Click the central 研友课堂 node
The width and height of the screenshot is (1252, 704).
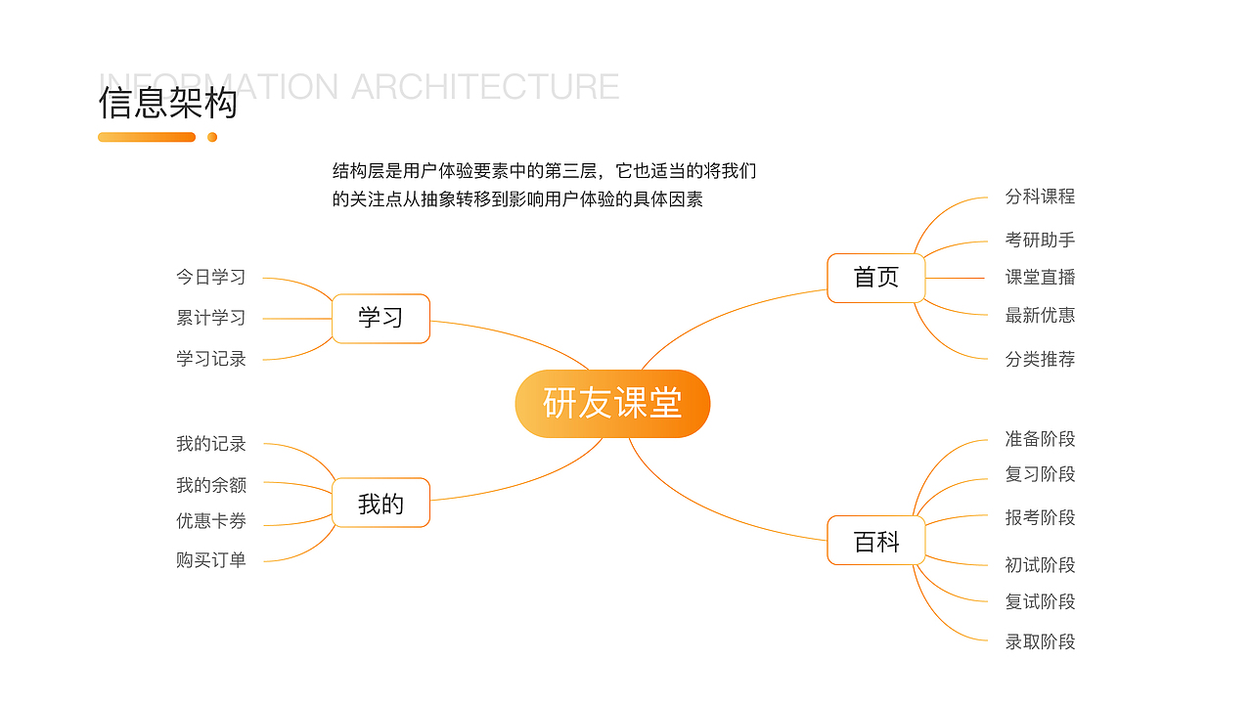[612, 403]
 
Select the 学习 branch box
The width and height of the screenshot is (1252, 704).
[380, 318]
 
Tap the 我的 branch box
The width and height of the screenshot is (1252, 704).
[380, 504]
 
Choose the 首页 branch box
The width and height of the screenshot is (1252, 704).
[875, 278]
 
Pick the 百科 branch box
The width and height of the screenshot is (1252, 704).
[875, 541]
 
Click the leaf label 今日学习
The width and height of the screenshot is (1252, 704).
[211, 277]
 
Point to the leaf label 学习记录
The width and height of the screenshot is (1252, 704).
[211, 359]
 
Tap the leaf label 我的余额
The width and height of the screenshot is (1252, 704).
[211, 485]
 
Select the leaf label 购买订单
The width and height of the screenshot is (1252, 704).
[211, 560]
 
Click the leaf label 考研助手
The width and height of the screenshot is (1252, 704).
[1040, 240]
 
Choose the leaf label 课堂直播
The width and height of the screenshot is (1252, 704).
[1040, 278]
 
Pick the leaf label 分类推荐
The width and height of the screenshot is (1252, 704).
[1040, 359]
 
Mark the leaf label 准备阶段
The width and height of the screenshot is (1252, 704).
[1040, 439]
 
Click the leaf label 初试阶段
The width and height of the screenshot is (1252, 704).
[1040, 565]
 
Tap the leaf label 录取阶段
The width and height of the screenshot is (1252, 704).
[1040, 641]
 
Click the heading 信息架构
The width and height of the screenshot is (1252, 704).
[168, 103]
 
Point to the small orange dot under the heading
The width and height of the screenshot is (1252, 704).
[212, 137]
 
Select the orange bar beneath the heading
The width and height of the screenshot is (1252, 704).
[147, 137]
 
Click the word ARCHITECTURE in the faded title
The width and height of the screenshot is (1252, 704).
[485, 86]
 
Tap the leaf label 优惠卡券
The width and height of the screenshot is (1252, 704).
[211, 521]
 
